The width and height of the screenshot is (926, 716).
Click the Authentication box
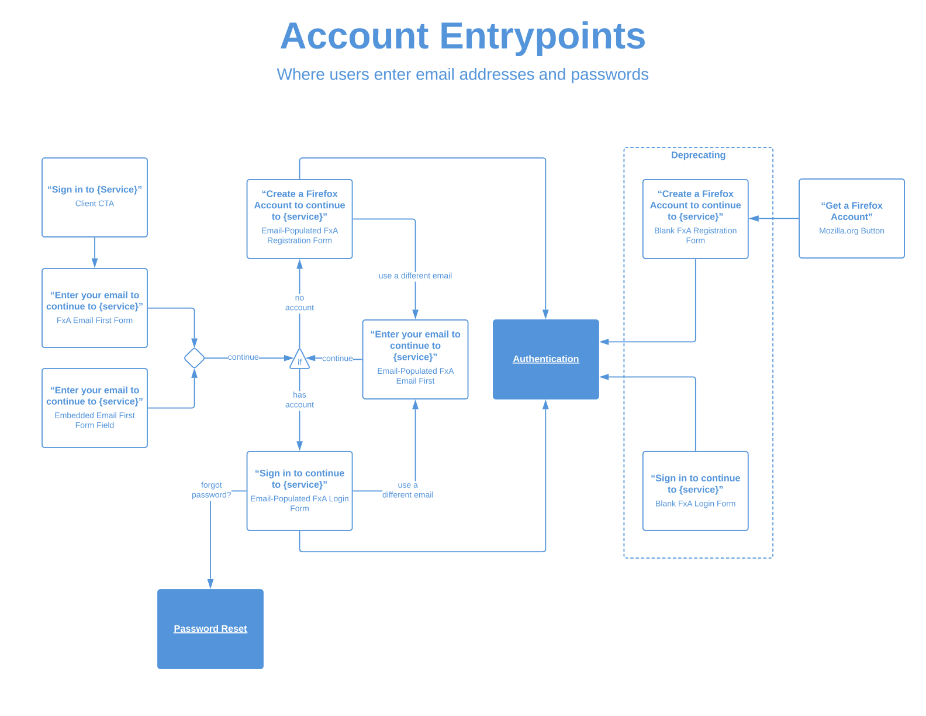click(x=545, y=359)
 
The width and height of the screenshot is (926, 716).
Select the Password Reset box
click(x=210, y=629)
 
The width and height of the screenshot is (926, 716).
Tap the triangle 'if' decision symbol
click(x=299, y=360)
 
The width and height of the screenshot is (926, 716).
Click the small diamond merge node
click(x=194, y=358)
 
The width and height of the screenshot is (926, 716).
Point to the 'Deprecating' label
click(x=698, y=155)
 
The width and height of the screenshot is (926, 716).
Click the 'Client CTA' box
click(x=95, y=197)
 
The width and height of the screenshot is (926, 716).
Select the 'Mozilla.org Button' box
click(x=851, y=218)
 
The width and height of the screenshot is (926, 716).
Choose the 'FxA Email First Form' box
click(x=95, y=308)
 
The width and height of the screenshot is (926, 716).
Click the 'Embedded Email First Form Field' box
click(x=95, y=408)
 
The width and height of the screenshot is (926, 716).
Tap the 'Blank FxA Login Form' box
click(x=695, y=491)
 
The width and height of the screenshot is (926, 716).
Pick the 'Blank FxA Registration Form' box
click(x=695, y=219)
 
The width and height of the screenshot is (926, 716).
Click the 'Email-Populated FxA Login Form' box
click(x=299, y=491)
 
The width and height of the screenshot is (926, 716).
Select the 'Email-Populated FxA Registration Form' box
click(x=299, y=219)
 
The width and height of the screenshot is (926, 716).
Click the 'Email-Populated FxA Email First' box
click(x=415, y=359)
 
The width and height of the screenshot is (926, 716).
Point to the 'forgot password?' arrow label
click(x=211, y=490)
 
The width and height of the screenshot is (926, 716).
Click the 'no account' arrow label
click(x=299, y=302)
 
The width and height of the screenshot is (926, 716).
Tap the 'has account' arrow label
click(x=299, y=400)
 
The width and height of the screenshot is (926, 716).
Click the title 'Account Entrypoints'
click(x=462, y=36)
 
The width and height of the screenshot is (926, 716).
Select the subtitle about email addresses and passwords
click(x=462, y=74)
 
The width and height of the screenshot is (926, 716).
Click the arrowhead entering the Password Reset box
click(x=210, y=584)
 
